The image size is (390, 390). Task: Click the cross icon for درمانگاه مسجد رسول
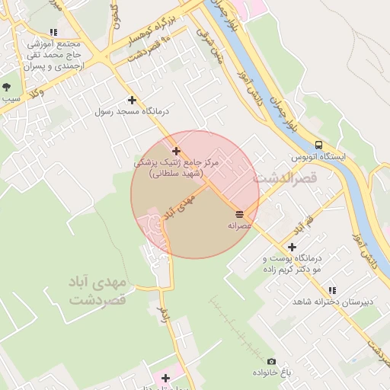click(x=133, y=100)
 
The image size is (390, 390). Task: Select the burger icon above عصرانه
click(x=240, y=213)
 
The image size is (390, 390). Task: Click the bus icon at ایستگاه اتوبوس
click(x=318, y=145)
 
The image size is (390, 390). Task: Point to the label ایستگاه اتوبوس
click(x=318, y=157)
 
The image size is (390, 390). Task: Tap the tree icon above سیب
click(x=8, y=88)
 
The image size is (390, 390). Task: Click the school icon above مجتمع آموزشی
click(x=53, y=33)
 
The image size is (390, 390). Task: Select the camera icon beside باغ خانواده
click(x=272, y=362)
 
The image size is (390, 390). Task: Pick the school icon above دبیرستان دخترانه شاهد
click(x=331, y=290)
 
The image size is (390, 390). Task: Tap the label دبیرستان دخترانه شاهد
click(x=334, y=302)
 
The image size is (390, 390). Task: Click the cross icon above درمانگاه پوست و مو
click(x=292, y=247)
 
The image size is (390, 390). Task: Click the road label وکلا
click(x=35, y=94)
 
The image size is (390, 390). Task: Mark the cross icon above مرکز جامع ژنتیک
click(x=177, y=151)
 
